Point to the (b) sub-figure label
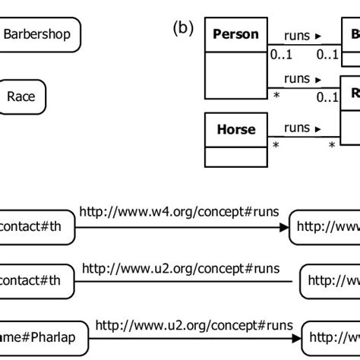183,28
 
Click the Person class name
235,34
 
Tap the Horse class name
235,129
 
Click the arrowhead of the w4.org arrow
285,227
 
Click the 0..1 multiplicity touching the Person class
279,55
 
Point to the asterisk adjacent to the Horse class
276,145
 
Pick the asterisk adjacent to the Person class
276,96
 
